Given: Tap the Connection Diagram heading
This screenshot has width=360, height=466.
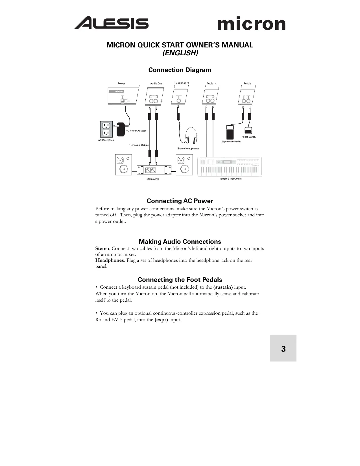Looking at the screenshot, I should (180, 70).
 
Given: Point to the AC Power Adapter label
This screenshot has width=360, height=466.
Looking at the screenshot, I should (136, 131).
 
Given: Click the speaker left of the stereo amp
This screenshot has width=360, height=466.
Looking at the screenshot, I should (123, 165).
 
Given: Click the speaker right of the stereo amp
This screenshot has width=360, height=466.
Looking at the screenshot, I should (184, 165).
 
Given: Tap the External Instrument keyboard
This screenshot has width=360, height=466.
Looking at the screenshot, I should (230, 167).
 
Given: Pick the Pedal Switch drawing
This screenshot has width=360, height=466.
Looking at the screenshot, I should (248, 131).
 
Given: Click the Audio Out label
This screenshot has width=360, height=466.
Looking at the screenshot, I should (156, 84).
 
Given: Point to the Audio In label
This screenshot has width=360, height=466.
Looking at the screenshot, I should (211, 84).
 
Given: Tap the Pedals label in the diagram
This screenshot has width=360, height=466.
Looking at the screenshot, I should (247, 84).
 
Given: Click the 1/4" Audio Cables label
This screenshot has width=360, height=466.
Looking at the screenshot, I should (139, 145).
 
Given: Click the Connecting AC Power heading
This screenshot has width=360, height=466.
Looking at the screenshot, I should (180, 201).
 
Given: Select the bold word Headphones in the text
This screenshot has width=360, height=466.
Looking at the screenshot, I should (109, 260).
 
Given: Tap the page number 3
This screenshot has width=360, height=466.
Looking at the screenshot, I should (283, 349).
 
